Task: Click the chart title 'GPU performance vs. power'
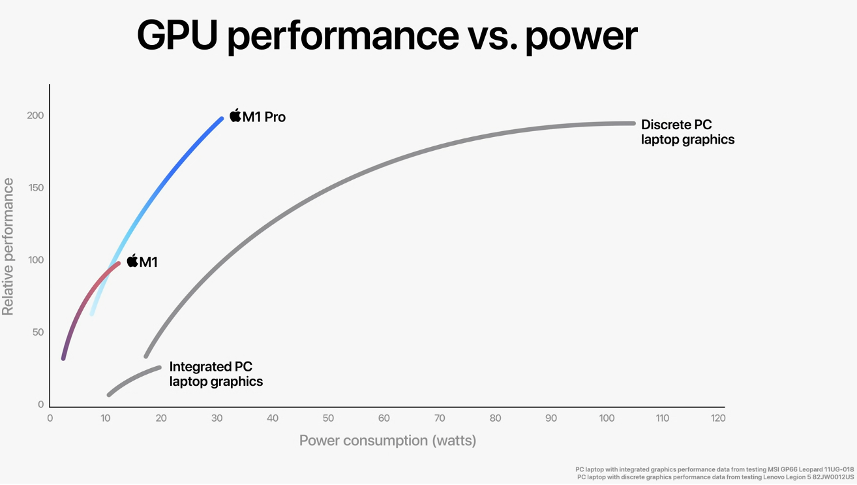point(387,35)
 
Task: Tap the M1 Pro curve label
point(263,117)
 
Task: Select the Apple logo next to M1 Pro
point(235,116)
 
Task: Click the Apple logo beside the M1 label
point(132,261)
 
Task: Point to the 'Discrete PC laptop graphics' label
point(687,132)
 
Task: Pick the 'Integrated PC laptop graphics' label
point(216,374)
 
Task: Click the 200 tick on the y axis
point(35,116)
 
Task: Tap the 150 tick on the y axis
point(35,188)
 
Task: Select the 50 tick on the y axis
point(37,332)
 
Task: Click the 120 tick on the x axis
point(718,418)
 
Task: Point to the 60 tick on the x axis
point(384,418)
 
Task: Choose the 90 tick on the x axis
point(551,418)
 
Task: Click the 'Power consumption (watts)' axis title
point(387,441)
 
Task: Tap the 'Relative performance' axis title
point(8,247)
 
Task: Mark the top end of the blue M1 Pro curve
point(221,119)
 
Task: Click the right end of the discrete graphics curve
point(633,123)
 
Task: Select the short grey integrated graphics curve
point(133,381)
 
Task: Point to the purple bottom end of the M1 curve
point(63,358)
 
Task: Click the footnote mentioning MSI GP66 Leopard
point(714,469)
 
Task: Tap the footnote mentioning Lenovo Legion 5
point(715,477)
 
